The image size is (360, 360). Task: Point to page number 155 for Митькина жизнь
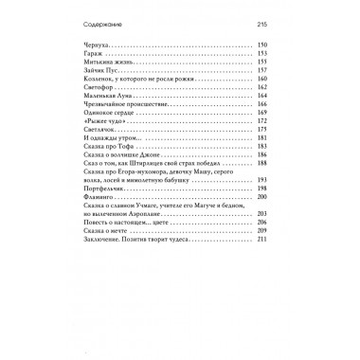tap(263, 63)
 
